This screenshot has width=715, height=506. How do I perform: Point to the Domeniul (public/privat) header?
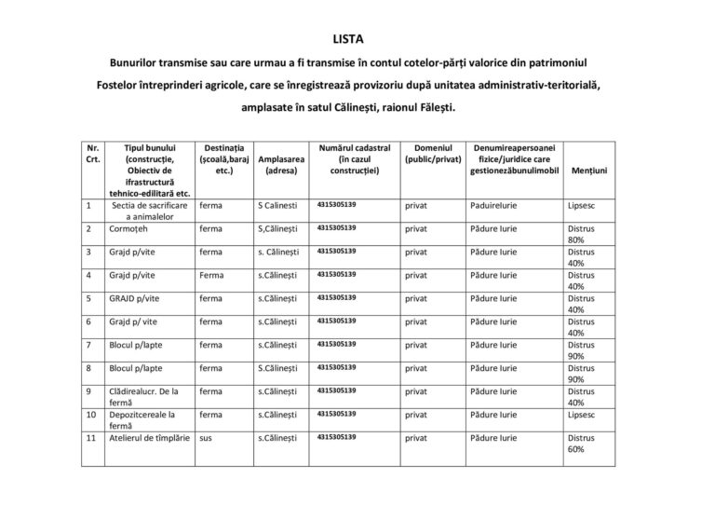pyautogui.click(x=433, y=154)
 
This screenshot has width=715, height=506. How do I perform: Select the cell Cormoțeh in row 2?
pyautogui.click(x=130, y=227)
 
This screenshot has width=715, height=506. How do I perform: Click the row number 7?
pyautogui.click(x=88, y=344)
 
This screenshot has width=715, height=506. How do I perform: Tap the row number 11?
pyautogui.click(x=89, y=437)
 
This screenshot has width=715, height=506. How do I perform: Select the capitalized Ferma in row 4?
pyautogui.click(x=210, y=275)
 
